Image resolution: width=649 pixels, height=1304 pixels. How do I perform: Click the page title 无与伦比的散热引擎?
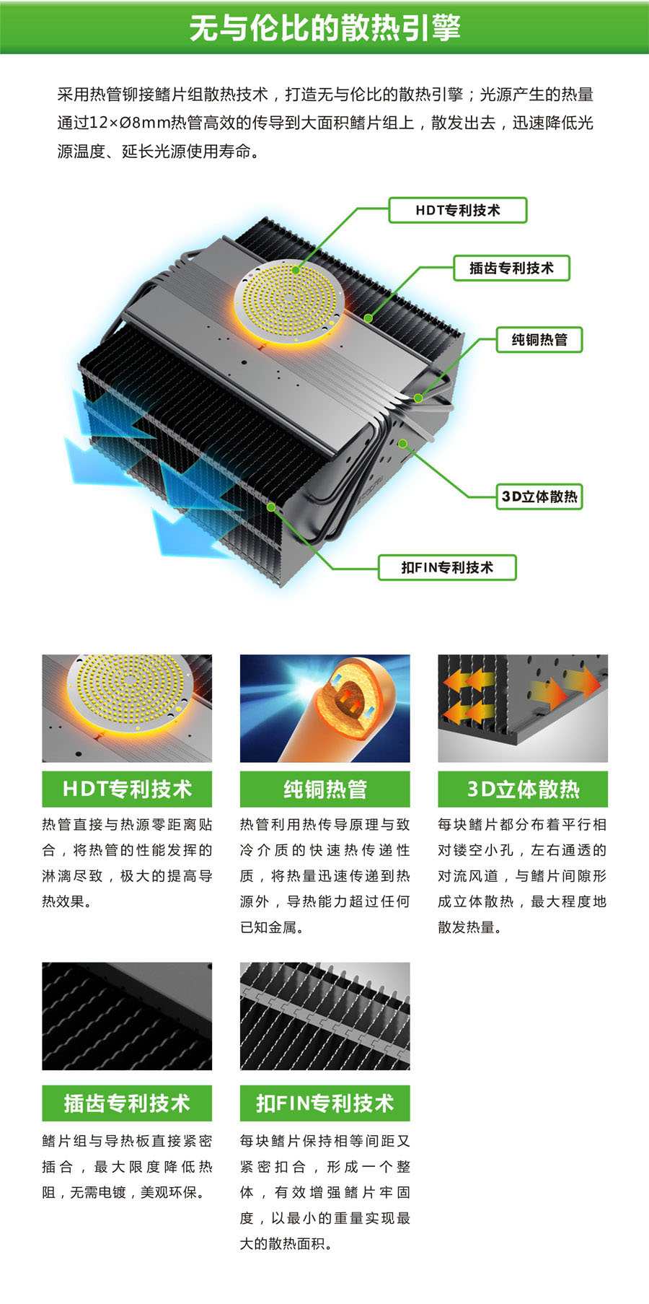(x=324, y=28)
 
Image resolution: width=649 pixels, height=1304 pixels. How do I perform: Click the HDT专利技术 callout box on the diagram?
(x=458, y=210)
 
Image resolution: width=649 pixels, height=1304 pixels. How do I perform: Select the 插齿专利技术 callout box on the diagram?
(x=511, y=268)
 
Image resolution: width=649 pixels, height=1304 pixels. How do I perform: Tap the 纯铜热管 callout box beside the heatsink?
(x=539, y=339)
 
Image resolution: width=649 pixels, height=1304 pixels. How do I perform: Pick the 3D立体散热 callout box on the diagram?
(x=539, y=496)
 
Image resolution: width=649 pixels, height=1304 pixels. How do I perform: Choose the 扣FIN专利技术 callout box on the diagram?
(x=447, y=567)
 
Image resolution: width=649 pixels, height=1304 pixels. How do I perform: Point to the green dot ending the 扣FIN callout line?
(x=271, y=507)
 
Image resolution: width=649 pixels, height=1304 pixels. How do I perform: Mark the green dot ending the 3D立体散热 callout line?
(x=402, y=443)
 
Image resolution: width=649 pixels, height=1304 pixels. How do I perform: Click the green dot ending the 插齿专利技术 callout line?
(x=368, y=318)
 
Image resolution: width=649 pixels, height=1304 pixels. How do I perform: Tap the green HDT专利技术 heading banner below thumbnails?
(x=127, y=789)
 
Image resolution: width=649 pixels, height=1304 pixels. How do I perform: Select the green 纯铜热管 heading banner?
(x=324, y=789)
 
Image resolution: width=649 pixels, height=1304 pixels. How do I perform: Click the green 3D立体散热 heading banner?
(x=523, y=789)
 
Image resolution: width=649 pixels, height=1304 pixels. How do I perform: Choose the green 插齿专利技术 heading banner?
(x=127, y=1103)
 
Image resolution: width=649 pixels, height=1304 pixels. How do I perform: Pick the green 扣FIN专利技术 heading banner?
(x=324, y=1103)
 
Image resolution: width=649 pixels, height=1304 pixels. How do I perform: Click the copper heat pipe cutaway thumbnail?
(x=324, y=709)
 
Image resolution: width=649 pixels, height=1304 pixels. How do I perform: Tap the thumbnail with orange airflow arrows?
(x=523, y=709)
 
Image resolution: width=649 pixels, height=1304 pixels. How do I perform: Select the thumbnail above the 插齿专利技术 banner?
(x=127, y=1016)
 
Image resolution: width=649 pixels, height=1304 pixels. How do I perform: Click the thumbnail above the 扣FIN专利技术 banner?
(x=324, y=1016)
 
